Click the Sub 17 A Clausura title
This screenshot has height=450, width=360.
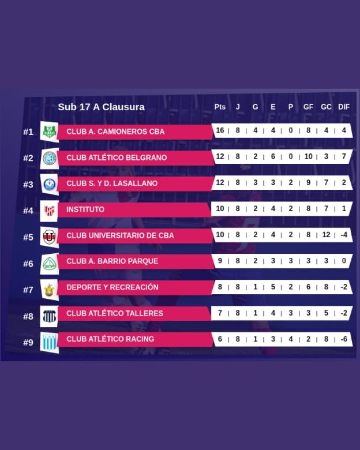pyautogui.click(x=101, y=107)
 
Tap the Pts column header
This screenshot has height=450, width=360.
pyautogui.click(x=220, y=107)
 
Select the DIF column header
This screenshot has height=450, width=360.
pyautogui.click(x=344, y=107)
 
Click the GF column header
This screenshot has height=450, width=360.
pyautogui.click(x=309, y=107)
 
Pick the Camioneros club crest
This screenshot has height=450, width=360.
pyautogui.click(x=50, y=132)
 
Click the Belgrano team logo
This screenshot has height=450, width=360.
pyautogui.click(x=50, y=157)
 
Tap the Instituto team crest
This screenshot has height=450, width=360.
pyautogui.click(x=50, y=210)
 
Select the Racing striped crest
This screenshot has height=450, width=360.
pyautogui.click(x=50, y=342)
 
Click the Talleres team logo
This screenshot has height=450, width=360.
pyautogui.click(x=50, y=316)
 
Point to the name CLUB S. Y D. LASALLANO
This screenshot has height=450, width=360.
pyautogui.click(x=112, y=183)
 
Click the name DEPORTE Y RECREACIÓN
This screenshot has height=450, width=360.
pyautogui.click(x=112, y=287)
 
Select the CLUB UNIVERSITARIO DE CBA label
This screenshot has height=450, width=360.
pyautogui.click(x=120, y=235)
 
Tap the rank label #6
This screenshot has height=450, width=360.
pyautogui.click(x=28, y=264)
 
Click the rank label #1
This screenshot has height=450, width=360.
pyautogui.click(x=28, y=132)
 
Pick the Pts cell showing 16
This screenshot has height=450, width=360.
pyautogui.click(x=220, y=130)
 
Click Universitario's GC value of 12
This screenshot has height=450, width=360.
pyautogui.click(x=326, y=235)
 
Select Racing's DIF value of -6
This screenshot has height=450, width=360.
pyautogui.click(x=344, y=339)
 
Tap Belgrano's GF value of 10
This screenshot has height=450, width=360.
pyautogui.click(x=308, y=156)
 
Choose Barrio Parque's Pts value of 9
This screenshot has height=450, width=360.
pyautogui.click(x=220, y=261)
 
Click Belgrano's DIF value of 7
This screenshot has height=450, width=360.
pyautogui.click(x=344, y=156)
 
